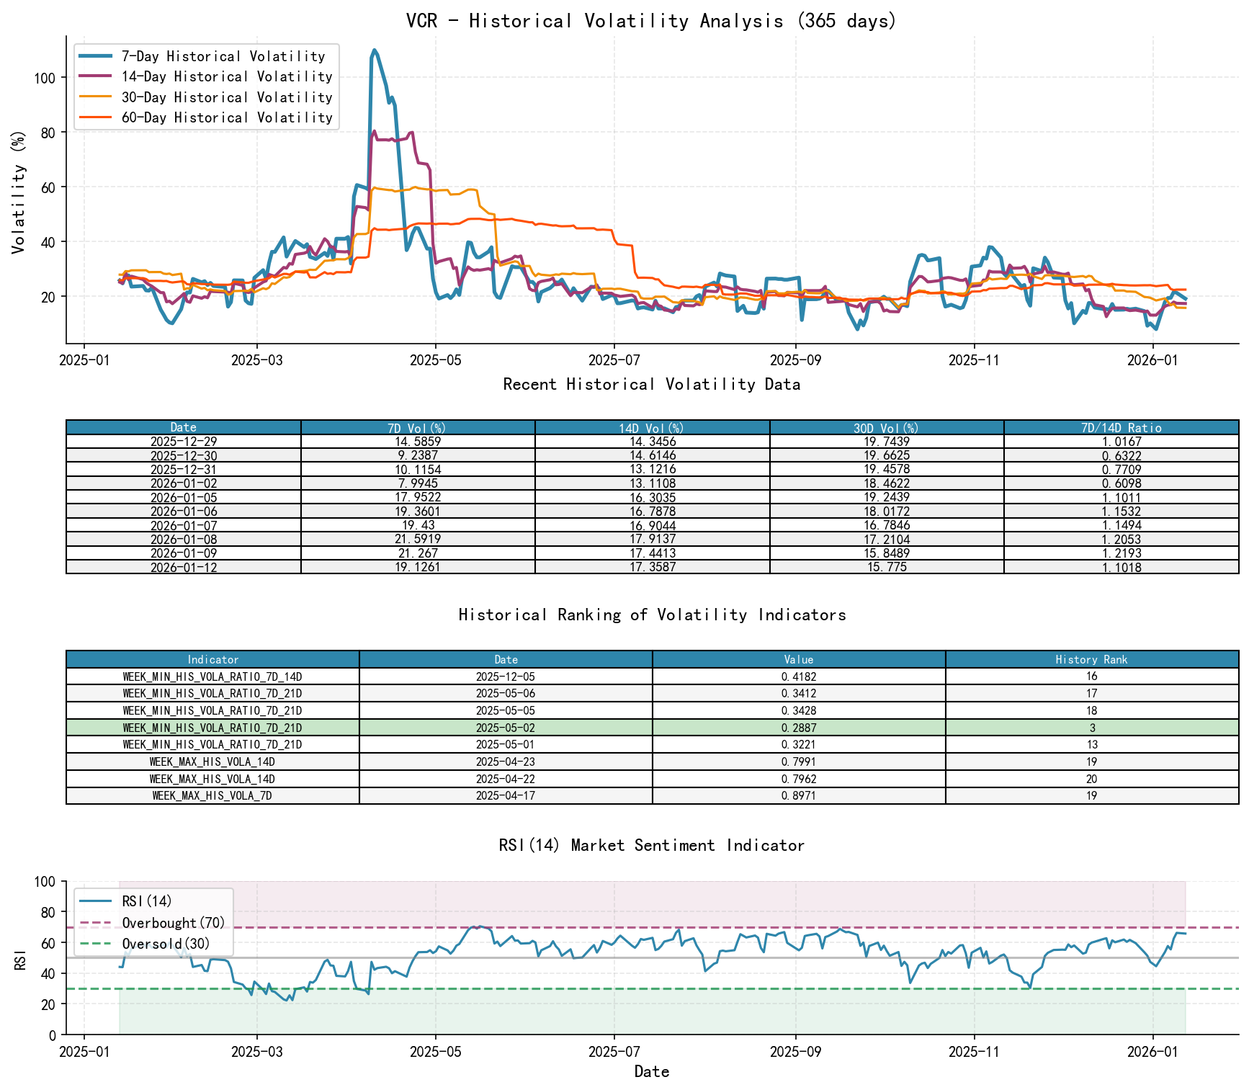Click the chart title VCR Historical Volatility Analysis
pos(651,20)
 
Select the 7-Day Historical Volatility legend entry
pos(223,56)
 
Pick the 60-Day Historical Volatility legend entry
pos(227,117)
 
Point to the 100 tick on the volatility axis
pos(44,77)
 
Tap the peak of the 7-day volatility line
pos(375,50)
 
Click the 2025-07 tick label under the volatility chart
pos(614,359)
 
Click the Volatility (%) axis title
pos(19,192)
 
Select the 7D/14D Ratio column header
pos(1121,428)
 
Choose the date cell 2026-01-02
pos(184,483)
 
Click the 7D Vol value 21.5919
pos(418,540)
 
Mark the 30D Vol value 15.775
pos(887,567)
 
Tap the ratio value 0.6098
pos(1121,483)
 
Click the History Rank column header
pos(1091,659)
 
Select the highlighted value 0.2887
pos(798,728)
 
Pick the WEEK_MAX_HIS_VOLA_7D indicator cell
pos(212,796)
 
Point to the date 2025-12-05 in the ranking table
pos(506,676)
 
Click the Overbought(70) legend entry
pos(173,923)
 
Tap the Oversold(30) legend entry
pos(166,944)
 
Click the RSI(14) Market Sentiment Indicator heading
pos(651,845)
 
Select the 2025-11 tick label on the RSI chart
pos(974,1051)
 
